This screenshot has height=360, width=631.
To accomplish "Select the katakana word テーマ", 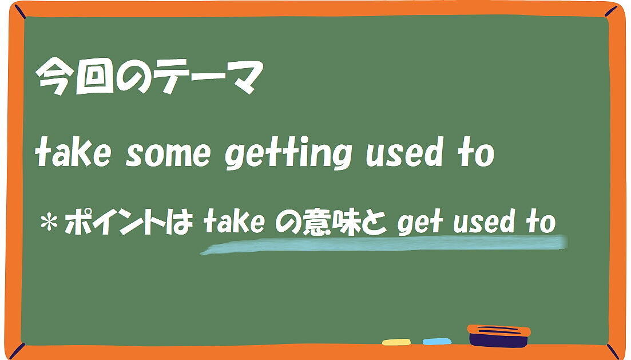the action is click(x=210, y=77).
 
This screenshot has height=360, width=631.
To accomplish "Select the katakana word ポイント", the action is click(x=115, y=222).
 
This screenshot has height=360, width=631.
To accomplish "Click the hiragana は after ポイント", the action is click(x=180, y=222).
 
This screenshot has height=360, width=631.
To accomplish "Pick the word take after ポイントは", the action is click(x=234, y=221).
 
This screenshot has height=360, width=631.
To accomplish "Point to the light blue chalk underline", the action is click(x=384, y=244).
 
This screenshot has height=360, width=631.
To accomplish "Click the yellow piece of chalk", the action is click(x=396, y=342).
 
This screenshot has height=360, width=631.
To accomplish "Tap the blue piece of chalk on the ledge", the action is click(x=437, y=342).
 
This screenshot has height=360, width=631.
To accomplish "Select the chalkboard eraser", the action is click(x=499, y=336).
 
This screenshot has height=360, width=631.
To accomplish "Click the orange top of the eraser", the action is click(x=499, y=330).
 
